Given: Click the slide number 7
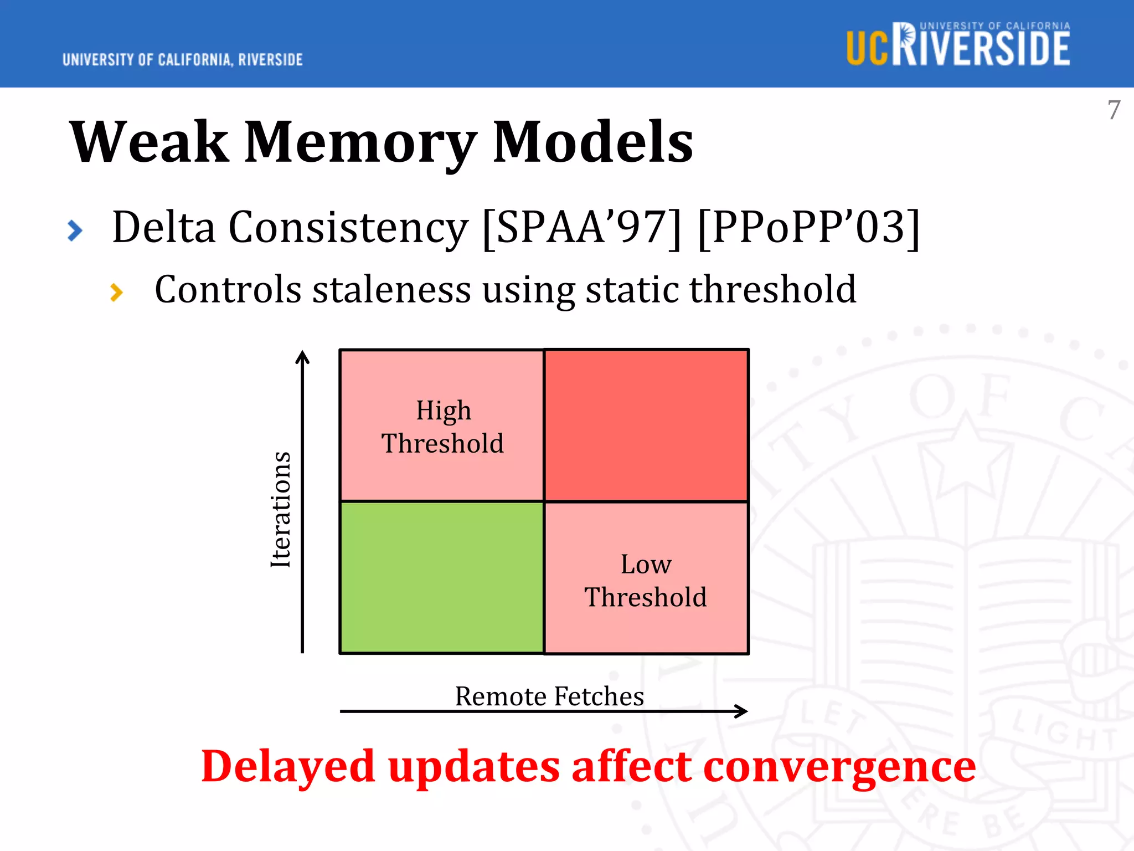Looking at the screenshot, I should click(1114, 110).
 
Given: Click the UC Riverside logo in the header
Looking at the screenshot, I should click(958, 45).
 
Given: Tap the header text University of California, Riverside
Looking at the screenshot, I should click(182, 60).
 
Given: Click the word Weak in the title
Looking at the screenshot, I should click(148, 142).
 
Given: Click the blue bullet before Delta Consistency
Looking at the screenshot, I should click(75, 230).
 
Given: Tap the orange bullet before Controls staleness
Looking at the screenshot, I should click(116, 292).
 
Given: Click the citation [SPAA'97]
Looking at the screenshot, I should click(581, 227).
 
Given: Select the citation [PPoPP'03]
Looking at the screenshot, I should click(808, 227).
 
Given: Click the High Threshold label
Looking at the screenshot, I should click(443, 427).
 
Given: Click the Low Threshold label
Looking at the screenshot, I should click(646, 581).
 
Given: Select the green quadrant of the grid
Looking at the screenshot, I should click(442, 577).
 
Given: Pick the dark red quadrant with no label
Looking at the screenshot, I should click(646, 425).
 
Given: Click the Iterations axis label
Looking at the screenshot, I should click(281, 510).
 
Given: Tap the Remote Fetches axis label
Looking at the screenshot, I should click(549, 696).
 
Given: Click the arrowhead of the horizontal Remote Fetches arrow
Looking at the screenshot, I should click(742, 711).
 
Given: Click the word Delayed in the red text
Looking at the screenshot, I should click(288, 766).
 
